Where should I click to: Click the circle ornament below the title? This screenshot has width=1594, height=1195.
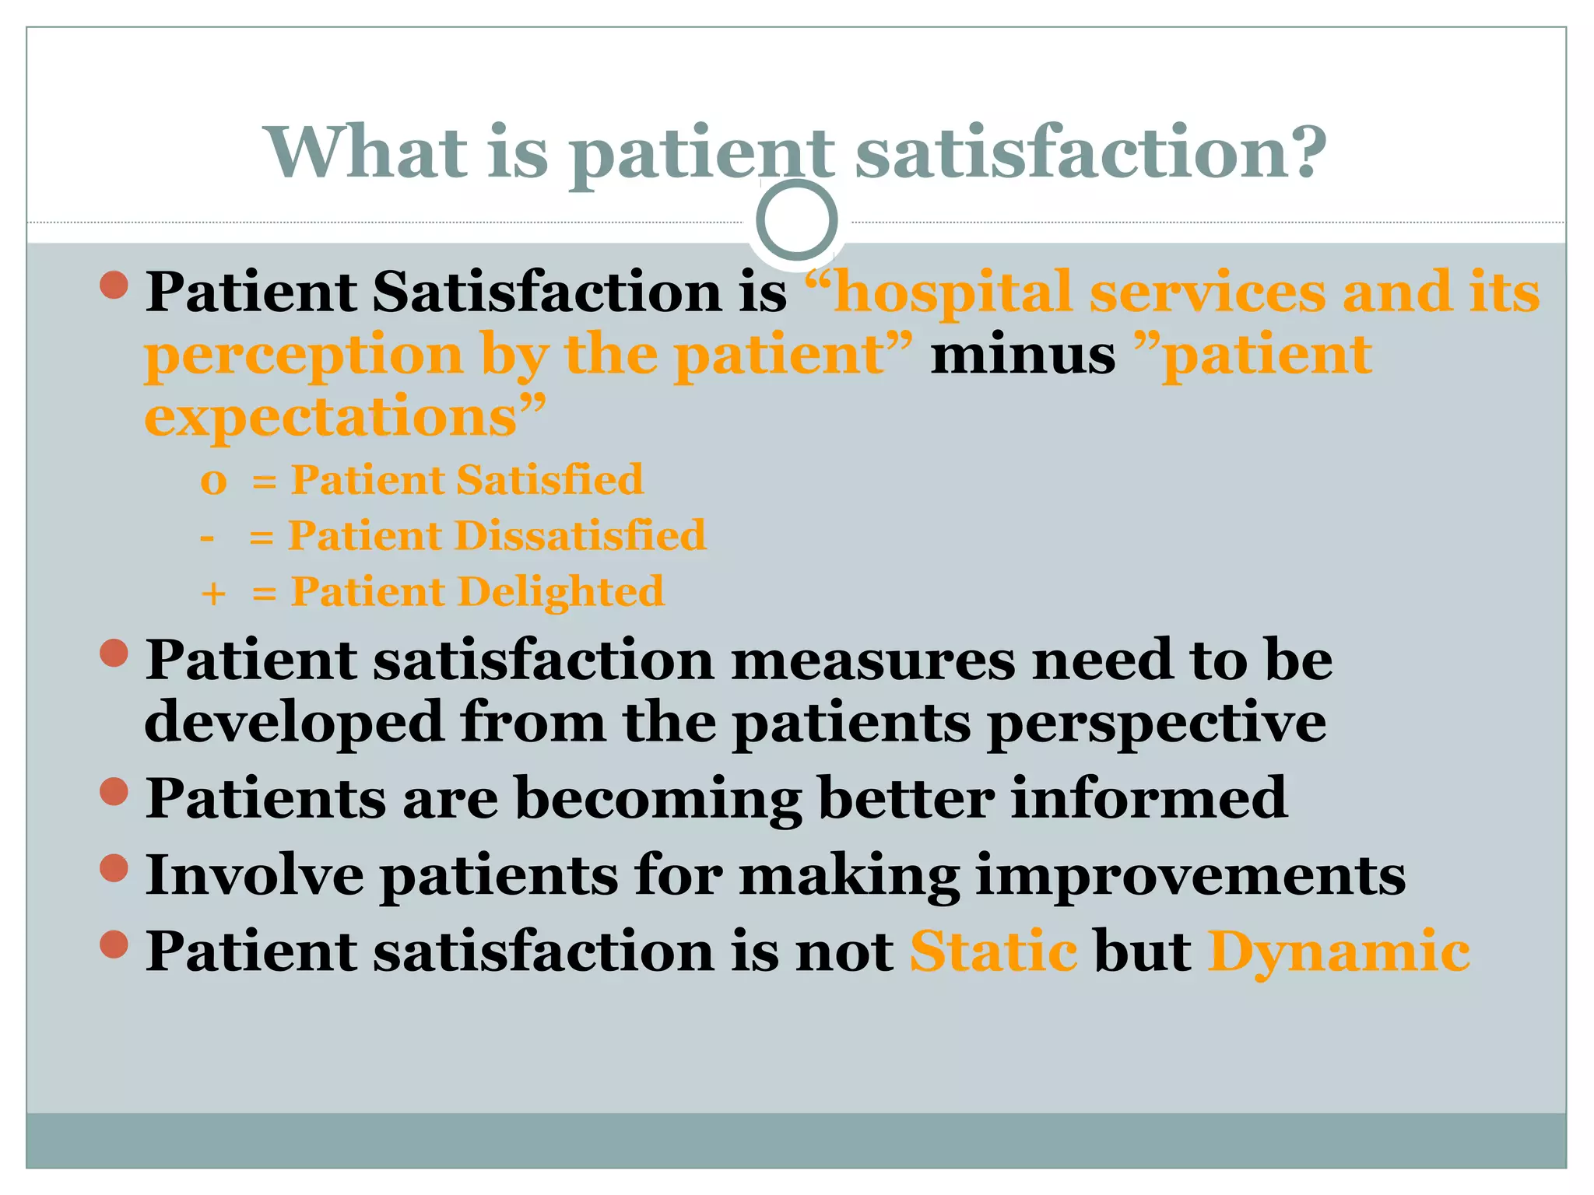click(x=796, y=220)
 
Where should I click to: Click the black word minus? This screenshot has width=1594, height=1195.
click(x=1023, y=355)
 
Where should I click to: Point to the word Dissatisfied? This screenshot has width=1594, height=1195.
click(x=580, y=535)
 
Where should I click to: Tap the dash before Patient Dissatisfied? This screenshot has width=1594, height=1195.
click(x=207, y=537)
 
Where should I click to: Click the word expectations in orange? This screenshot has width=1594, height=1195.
click(x=331, y=417)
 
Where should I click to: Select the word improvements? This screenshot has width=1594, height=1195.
click(x=1190, y=875)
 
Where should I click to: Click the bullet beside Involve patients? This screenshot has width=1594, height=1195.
click(x=114, y=868)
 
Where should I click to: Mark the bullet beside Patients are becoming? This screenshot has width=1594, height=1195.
click(x=114, y=792)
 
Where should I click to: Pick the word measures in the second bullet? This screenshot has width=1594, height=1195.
click(x=873, y=660)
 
